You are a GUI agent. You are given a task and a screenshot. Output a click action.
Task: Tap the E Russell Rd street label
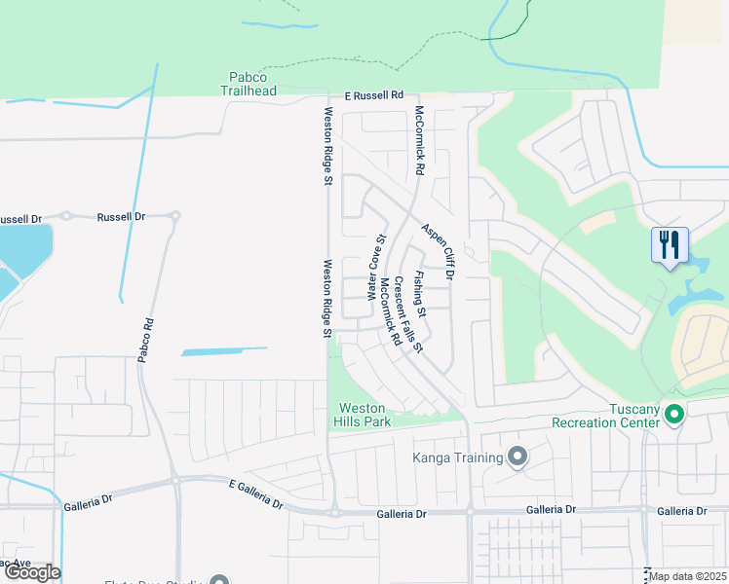pos(373,96)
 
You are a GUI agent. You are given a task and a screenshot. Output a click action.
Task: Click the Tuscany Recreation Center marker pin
pos(673,416)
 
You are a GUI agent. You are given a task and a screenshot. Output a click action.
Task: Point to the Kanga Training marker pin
pos(518,456)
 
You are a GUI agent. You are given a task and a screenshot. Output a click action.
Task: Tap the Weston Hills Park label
pos(364,415)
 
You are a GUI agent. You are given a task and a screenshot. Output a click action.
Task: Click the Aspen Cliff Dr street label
pos(438,251)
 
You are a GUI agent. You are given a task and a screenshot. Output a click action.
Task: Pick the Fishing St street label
pos(419,295)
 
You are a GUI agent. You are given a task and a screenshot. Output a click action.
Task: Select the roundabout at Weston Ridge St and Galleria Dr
pos(334,511)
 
